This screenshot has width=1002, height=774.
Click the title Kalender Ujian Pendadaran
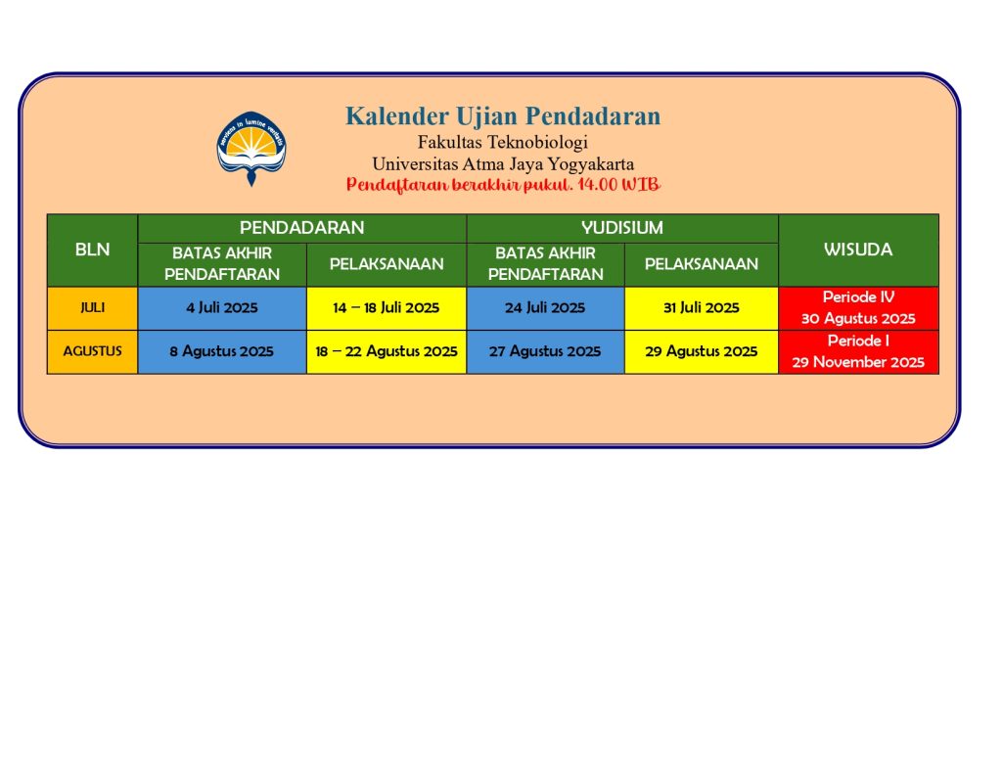click(503, 116)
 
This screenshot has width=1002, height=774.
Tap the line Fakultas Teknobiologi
click(503, 142)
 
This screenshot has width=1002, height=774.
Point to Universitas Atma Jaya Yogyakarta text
click(503, 164)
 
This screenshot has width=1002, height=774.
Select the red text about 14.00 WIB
click(503, 185)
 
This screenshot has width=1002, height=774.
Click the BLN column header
click(93, 250)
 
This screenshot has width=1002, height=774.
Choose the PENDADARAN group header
click(302, 228)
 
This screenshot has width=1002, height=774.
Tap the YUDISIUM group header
click(622, 228)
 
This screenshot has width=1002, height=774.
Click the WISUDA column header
click(858, 250)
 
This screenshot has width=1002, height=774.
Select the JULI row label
click(93, 308)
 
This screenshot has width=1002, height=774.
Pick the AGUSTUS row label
click(93, 351)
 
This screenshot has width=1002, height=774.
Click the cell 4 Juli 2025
click(222, 308)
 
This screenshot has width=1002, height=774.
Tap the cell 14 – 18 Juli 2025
click(387, 308)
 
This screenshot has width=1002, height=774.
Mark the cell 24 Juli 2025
click(545, 308)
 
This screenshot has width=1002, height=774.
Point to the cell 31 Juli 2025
click(701, 308)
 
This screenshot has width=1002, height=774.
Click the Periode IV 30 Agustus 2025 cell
click(858, 308)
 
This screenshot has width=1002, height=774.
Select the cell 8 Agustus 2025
click(222, 351)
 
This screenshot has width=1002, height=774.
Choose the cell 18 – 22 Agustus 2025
click(387, 351)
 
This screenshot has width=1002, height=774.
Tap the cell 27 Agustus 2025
click(545, 351)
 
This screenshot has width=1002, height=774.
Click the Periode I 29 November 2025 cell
click(858, 351)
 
